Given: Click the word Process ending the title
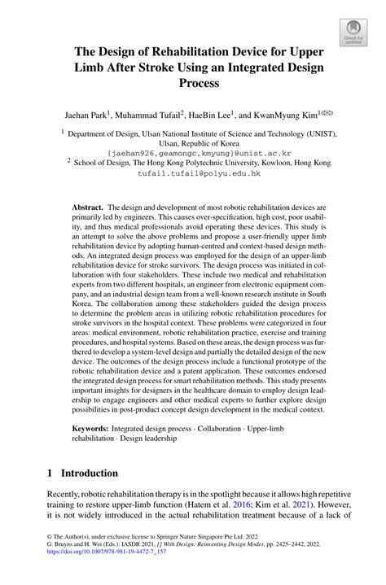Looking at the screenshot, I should [193, 83].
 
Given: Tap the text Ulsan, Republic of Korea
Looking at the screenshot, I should [193, 141].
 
